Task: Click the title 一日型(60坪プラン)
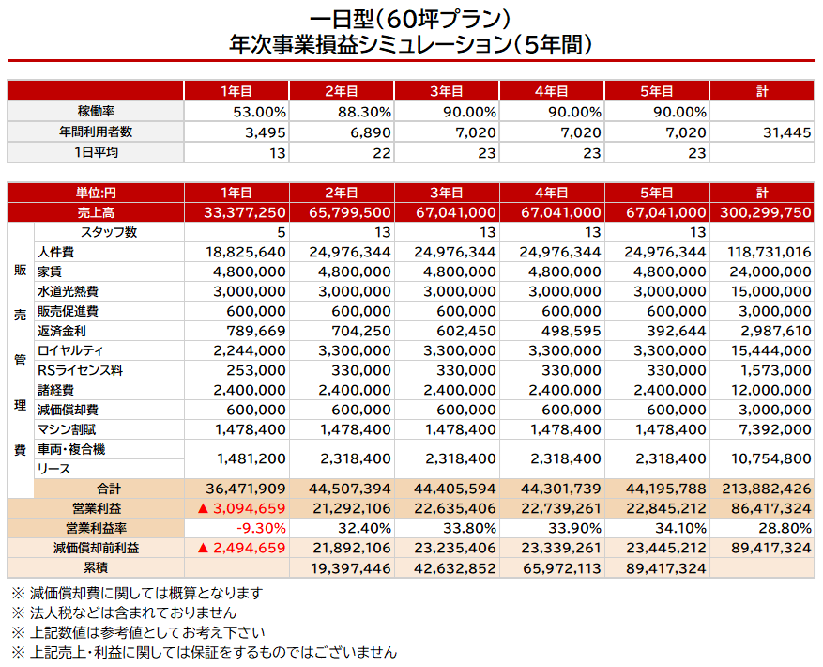[x=410, y=18]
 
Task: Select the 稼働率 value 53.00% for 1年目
[x=260, y=112]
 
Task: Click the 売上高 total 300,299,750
[x=765, y=213]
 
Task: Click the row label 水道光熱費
[x=68, y=291]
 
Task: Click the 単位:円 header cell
[x=96, y=194]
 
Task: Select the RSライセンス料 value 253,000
[x=256, y=370]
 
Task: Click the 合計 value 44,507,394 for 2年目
[x=350, y=489]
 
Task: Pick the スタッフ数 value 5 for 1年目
[x=281, y=232]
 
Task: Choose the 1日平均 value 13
[x=278, y=152]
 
